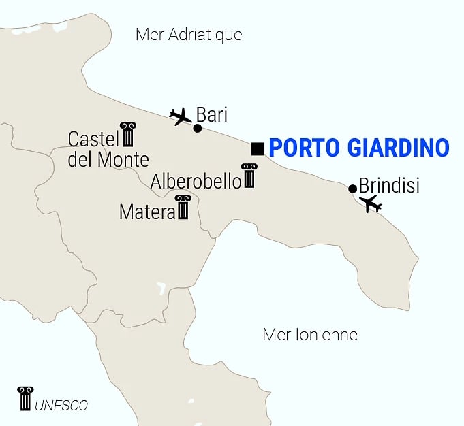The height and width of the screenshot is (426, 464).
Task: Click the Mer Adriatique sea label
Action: (189, 35)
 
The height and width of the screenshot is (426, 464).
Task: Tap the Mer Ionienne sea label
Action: (310, 335)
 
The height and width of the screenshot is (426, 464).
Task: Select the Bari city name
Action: (211, 114)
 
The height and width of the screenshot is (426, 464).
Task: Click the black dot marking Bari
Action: (197, 128)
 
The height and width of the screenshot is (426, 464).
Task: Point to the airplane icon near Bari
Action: (181, 116)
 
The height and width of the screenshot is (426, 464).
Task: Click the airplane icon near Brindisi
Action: (371, 203)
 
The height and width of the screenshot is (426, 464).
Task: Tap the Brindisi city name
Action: (389, 185)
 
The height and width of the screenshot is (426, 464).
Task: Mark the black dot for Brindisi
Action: (352, 189)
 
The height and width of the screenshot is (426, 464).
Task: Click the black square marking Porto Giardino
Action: (258, 148)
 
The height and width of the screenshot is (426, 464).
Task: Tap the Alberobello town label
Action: (196, 181)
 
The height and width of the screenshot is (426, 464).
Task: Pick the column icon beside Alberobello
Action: (249, 176)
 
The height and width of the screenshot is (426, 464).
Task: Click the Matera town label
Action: (147, 212)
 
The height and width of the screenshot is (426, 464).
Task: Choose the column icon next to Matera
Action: (183, 208)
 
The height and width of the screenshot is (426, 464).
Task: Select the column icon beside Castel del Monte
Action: (127, 135)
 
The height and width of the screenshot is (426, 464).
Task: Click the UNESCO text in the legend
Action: (61, 406)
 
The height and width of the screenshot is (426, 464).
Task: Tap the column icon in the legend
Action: (25, 398)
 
